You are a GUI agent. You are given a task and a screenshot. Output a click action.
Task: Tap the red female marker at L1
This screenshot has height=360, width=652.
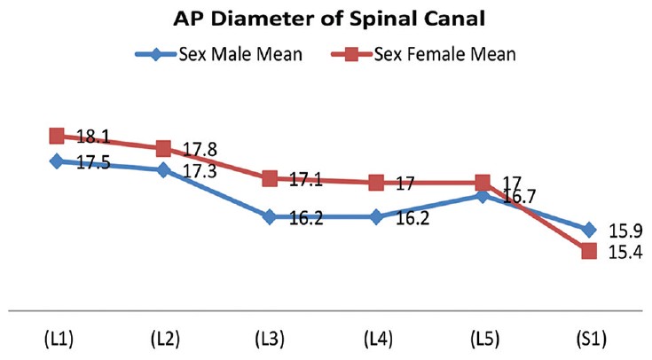click(57, 136)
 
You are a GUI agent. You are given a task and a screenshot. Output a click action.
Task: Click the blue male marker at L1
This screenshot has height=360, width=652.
click(57, 161)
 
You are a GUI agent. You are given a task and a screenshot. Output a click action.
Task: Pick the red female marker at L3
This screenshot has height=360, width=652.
click(270, 178)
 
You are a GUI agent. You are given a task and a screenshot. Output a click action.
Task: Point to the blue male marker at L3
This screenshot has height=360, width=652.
click(270, 216)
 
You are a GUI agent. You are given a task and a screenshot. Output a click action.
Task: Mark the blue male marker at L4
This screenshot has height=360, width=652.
click(376, 216)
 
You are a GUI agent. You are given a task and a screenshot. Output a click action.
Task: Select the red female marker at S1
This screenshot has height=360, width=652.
click(589, 252)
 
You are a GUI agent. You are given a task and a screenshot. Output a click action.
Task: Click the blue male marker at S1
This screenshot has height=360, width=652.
click(589, 230)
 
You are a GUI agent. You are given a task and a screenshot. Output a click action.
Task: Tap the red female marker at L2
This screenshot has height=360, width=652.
click(163, 148)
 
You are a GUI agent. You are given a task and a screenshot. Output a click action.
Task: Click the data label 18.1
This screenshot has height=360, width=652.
click(94, 137)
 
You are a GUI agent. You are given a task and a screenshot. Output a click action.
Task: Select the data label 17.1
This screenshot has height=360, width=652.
click(307, 180)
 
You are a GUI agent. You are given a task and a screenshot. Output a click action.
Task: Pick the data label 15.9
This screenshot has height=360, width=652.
click(625, 231)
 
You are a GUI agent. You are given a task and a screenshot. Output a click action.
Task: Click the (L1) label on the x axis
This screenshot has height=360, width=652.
click(57, 340)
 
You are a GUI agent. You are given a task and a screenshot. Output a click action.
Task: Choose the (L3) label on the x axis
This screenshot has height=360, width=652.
click(270, 340)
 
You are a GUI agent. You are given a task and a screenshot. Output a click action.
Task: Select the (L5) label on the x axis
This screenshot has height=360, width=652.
click(483, 340)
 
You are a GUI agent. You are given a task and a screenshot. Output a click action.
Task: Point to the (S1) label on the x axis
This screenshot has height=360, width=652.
click(589, 340)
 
